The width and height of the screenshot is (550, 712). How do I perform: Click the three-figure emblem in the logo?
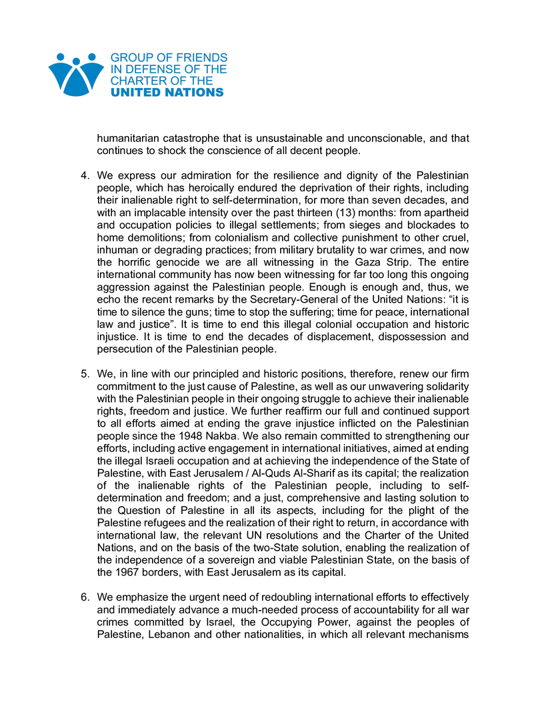[76, 75]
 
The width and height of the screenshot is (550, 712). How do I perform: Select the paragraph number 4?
[85, 176]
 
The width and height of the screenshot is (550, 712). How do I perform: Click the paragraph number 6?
[85, 597]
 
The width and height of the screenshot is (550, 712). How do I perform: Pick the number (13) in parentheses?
[360, 212]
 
